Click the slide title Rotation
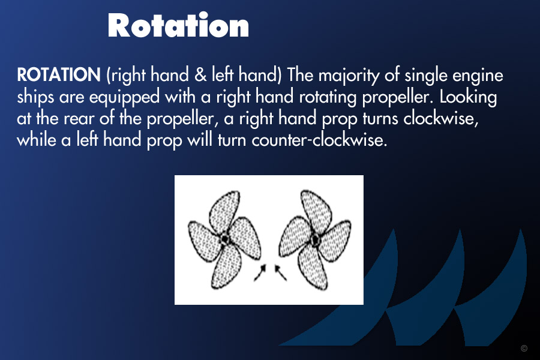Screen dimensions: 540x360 pos(178,25)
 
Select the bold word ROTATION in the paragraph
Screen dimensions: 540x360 pos(59,75)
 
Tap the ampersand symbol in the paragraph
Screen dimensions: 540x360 pos(200,75)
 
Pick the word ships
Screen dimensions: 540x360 pos(35,97)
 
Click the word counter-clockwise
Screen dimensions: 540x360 pos(319,140)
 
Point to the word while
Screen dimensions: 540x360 pos(36,140)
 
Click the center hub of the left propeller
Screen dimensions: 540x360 pos(224,238)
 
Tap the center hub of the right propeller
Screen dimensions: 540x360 pos(314,239)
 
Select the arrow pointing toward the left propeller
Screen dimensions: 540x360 pos(260,272)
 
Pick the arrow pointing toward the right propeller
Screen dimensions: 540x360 pos(280,272)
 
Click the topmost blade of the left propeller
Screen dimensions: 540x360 pos(224,211)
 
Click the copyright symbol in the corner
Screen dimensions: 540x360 pos(524,348)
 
